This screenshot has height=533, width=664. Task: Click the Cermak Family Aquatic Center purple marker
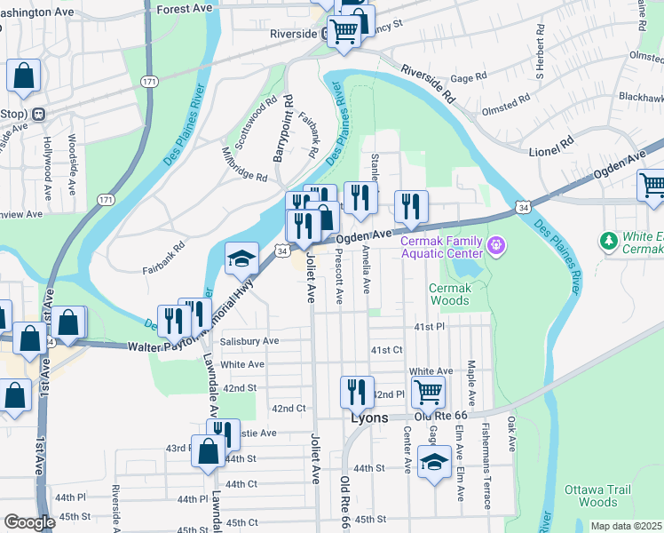pos(495,243)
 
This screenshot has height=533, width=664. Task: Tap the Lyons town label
pos(369,417)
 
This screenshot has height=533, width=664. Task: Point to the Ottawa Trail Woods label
pos(597,496)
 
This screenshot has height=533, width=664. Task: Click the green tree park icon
pos(608,241)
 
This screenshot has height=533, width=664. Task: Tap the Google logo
pos(29,522)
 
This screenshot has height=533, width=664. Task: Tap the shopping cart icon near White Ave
pos(428,390)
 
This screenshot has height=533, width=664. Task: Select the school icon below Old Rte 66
pos(434,462)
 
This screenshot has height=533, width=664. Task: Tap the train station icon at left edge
pos(38,114)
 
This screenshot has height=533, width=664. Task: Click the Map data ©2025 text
pos(625,526)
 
